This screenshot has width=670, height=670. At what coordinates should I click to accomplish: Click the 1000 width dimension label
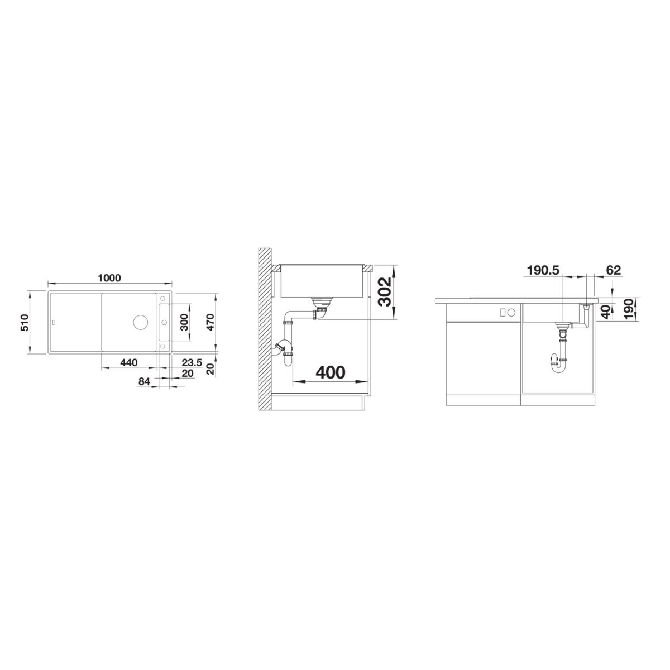click(109, 278)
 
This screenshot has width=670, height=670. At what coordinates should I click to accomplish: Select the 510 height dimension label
click(25, 322)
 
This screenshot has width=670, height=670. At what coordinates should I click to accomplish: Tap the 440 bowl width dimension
click(129, 363)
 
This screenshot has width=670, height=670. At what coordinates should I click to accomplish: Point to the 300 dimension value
click(185, 322)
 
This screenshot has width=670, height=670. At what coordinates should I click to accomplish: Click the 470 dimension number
click(210, 322)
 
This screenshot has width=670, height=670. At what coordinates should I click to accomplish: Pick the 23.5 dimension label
click(192, 363)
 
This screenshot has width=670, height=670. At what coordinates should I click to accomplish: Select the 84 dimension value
click(144, 381)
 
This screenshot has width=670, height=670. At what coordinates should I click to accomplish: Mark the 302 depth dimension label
click(384, 292)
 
